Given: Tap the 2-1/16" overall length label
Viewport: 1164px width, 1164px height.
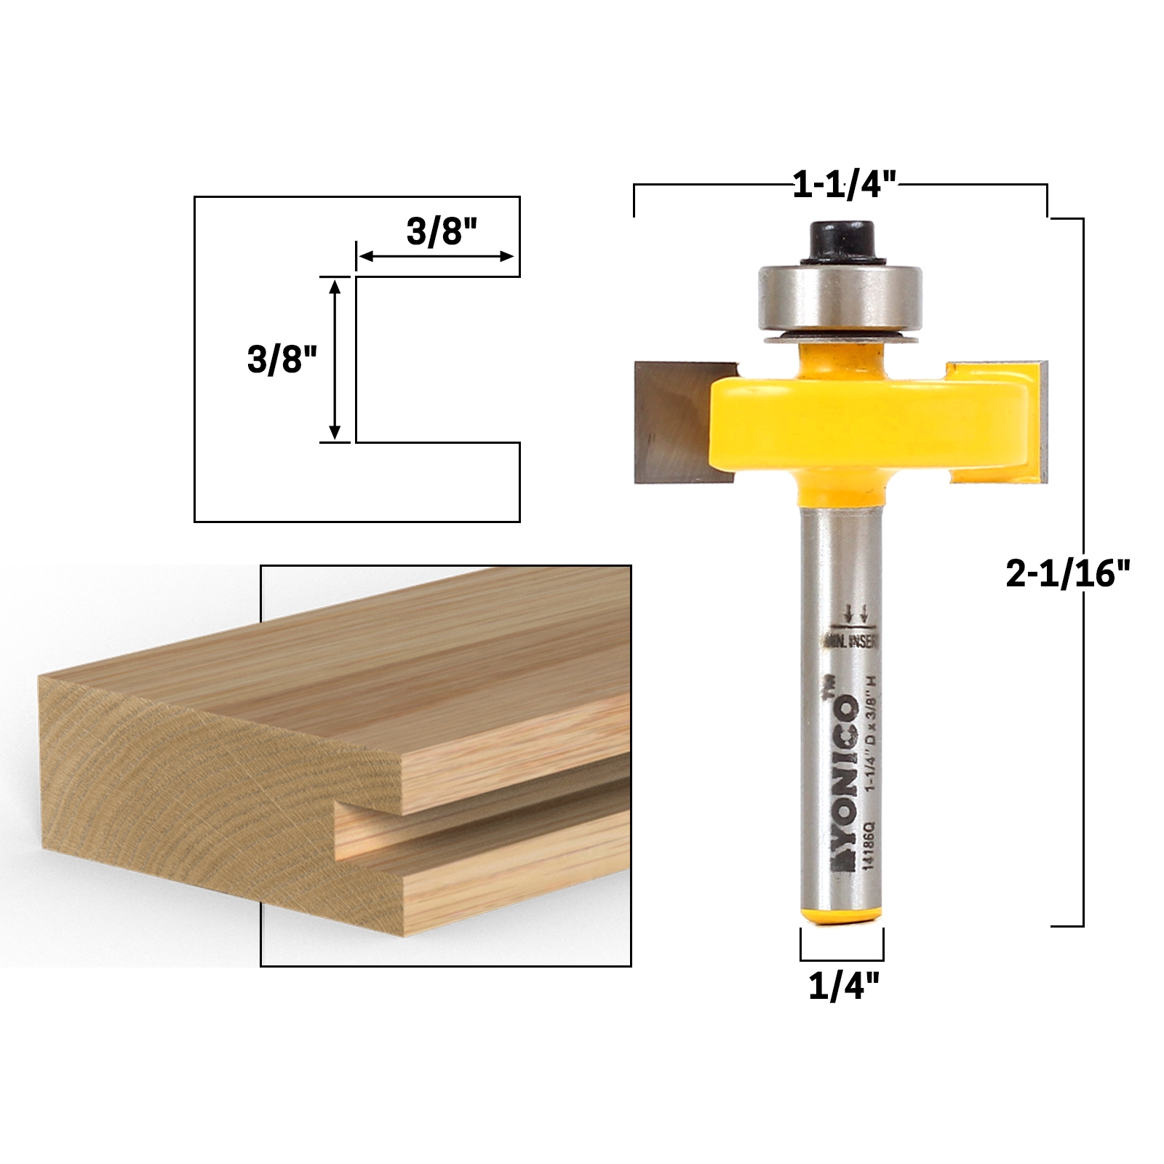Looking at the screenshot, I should point(1069,575).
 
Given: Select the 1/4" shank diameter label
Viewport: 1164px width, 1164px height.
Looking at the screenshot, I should point(844,987).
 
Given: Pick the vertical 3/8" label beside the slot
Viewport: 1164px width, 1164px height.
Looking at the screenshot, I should point(283,359).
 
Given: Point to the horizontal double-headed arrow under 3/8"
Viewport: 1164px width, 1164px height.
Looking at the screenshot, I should point(437,256).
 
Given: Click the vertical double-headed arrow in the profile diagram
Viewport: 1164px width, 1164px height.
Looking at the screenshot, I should point(335,359).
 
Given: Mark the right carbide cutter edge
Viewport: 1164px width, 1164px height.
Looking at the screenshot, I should point(1045,422).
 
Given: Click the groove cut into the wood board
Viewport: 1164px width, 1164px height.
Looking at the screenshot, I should point(480,818).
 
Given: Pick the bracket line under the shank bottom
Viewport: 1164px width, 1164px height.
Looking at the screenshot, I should point(842,960).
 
